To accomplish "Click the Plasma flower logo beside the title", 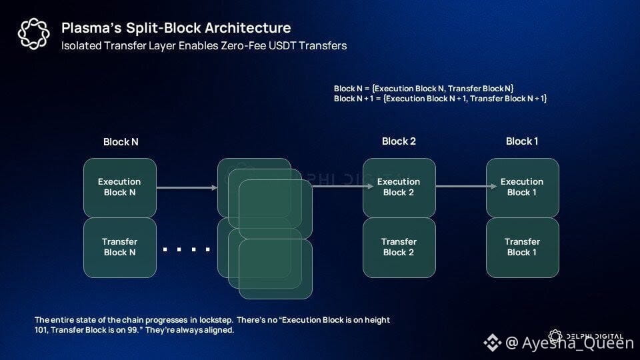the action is [x=33, y=34].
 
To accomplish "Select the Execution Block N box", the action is [x=119, y=187].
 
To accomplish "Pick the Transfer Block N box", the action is [x=119, y=247].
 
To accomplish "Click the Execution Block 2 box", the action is [x=399, y=187].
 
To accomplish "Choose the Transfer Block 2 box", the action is [x=399, y=247].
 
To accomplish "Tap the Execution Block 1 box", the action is [x=522, y=187].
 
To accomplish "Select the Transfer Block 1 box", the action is [x=522, y=247].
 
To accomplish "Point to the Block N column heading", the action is [x=121, y=142].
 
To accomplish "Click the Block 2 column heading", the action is [x=399, y=141].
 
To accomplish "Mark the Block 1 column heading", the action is [x=522, y=141].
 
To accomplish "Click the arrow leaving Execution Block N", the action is [x=187, y=187].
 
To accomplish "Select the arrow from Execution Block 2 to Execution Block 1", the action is [x=461, y=187].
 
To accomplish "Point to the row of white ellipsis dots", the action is [x=187, y=249].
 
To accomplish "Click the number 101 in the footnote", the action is [x=43, y=330].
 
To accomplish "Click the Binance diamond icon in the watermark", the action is [x=492, y=343].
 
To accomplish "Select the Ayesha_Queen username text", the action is [x=577, y=343].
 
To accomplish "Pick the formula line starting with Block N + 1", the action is [x=440, y=99].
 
